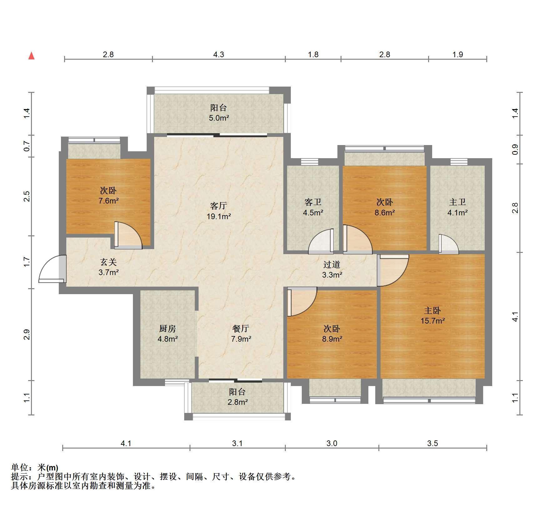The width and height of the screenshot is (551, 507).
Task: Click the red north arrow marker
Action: (31, 56)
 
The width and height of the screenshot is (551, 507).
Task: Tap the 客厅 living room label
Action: (218, 206)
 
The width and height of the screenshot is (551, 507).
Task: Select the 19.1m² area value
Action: (219, 216)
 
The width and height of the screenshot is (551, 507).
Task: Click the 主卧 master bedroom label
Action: (432, 310)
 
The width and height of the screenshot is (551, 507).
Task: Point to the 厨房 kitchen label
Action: (168, 329)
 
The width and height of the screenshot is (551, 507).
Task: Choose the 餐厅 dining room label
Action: (241, 329)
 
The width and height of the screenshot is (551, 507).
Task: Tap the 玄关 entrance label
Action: (108, 262)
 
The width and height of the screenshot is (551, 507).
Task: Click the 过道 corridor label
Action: (332, 264)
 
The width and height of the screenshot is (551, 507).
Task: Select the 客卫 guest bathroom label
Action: (313, 202)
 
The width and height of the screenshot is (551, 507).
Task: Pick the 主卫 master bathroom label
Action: (457, 202)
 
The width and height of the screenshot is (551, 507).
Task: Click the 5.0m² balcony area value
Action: (219, 118)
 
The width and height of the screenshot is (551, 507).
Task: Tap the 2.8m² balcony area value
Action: (238, 402)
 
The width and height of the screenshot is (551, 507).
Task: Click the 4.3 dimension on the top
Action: (219, 54)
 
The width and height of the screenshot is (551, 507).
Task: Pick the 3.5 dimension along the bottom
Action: (432, 443)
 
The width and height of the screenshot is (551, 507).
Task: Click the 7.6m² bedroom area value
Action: (108, 201)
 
